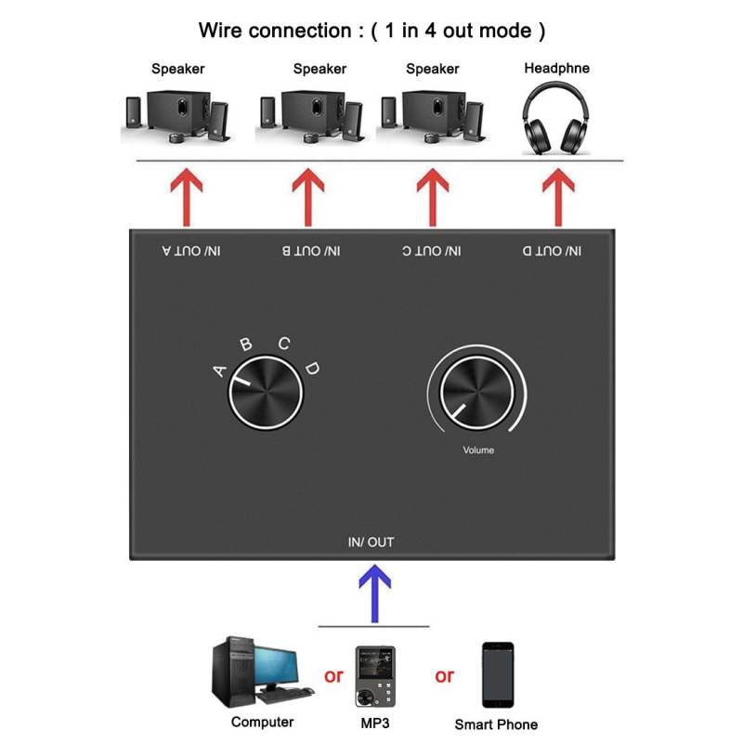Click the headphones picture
click(557, 118)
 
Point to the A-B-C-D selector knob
click(267, 396)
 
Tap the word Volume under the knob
click(478, 450)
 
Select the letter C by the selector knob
click(284, 343)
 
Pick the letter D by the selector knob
click(313, 369)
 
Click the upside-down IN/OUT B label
click(310, 251)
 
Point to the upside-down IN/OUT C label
click(432, 251)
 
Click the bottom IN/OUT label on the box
click(371, 542)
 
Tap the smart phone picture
click(496, 675)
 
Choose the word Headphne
click(556, 68)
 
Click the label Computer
click(262, 722)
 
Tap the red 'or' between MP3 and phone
click(444, 676)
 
